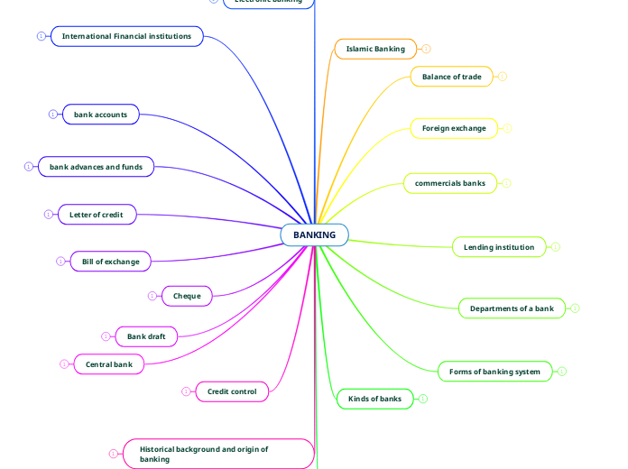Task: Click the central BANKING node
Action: coord(314,235)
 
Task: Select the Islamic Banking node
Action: coord(375,49)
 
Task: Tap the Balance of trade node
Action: coord(451,77)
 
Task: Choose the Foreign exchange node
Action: coord(454,128)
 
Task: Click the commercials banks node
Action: coord(449,183)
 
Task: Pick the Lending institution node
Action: coord(498,247)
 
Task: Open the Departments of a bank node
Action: coord(512,308)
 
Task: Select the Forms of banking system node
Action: coord(494,372)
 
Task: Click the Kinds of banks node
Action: coord(374,399)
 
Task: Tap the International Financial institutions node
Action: coord(126,36)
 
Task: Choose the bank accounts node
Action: coord(100,115)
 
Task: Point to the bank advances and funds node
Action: coord(96,167)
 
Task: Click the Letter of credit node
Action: coord(96,215)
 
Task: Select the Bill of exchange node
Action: coord(110,262)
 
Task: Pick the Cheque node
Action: coord(187,296)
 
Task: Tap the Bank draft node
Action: coord(146,336)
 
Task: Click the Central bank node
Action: coord(108,364)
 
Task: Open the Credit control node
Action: coord(232,391)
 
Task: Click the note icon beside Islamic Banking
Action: coord(426,49)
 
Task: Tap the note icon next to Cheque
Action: coord(152,296)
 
